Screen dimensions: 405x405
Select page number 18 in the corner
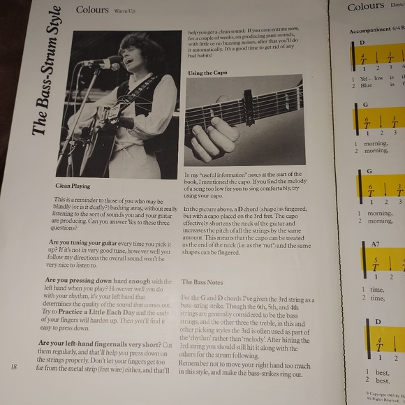[x=14, y=366]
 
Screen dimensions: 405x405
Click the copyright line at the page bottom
[x=384, y=395]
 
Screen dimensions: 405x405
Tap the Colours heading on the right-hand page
[x=366, y=7]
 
